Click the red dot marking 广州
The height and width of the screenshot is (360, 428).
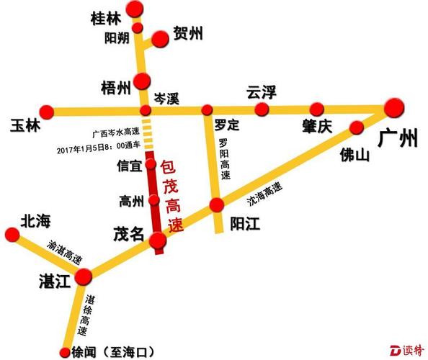393,108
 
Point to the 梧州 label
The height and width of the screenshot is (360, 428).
115,88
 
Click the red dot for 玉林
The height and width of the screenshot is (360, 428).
47,111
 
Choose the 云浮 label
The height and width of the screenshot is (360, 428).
262,91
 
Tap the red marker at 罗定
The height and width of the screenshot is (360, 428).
208,110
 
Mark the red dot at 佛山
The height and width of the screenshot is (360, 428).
355,127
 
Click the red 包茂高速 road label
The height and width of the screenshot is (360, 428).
171,195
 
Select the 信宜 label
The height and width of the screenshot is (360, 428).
129,166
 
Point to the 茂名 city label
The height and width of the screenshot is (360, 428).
128,235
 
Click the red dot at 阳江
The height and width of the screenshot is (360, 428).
217,206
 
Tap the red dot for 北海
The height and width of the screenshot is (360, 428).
12,234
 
